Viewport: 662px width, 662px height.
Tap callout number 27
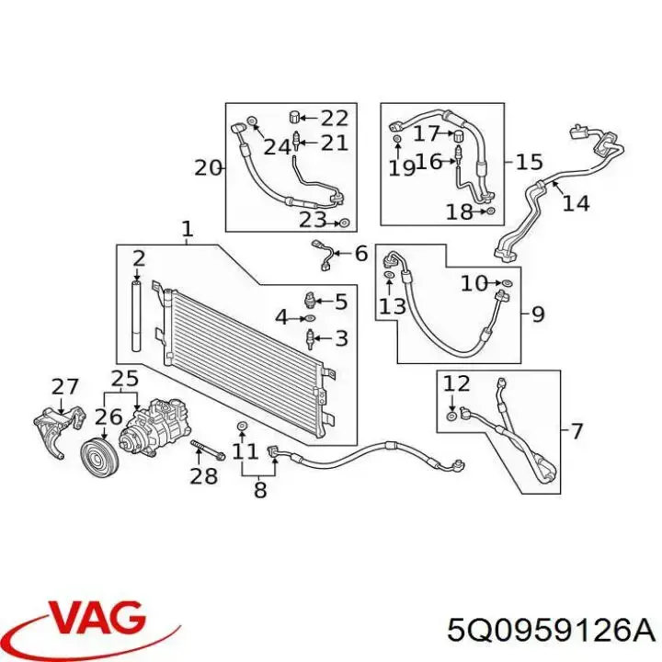[65, 386]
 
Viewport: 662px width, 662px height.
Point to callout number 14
[576, 202]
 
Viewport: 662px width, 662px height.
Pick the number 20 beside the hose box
[208, 167]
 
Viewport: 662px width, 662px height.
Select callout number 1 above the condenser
[188, 229]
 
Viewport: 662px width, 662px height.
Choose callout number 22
[336, 117]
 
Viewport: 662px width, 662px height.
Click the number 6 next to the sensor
[360, 254]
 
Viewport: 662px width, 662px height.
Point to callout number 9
[538, 314]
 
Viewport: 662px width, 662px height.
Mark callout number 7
[576, 429]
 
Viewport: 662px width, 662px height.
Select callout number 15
[529, 163]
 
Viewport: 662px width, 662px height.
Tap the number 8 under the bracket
[259, 491]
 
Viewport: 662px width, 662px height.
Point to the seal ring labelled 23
[344, 223]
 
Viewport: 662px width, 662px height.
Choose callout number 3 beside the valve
[341, 339]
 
